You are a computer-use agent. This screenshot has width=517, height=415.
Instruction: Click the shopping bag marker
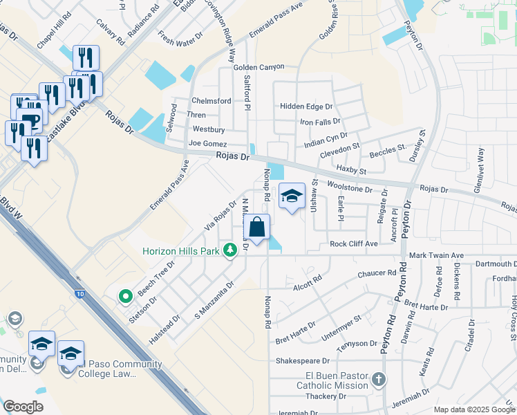(x=256, y=227)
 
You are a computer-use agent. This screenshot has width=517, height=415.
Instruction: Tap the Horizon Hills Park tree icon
(x=231, y=251)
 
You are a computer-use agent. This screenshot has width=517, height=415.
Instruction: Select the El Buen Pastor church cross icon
(x=378, y=379)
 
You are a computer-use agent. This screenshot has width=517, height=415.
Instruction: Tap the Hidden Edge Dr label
(x=306, y=107)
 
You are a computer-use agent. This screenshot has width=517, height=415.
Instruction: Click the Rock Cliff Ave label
(x=353, y=243)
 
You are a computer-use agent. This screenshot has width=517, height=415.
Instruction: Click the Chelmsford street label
(x=211, y=101)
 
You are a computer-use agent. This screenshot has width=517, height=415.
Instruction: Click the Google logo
(x=23, y=407)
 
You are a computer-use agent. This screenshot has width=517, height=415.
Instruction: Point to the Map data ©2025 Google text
(x=473, y=409)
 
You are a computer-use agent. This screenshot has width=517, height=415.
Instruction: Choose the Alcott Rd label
(x=308, y=282)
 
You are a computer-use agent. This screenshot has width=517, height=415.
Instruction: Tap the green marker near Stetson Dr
(x=125, y=297)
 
